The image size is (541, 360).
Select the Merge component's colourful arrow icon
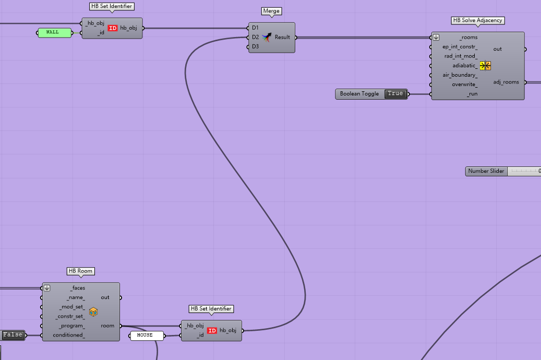(x=267, y=37)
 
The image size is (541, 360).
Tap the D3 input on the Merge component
(x=255, y=46)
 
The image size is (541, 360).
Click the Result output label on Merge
(x=282, y=37)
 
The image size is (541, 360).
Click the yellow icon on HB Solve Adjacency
(x=485, y=66)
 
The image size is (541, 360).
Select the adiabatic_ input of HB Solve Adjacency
(x=465, y=66)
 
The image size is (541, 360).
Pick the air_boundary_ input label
(x=460, y=75)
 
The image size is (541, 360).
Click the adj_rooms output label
(x=506, y=82)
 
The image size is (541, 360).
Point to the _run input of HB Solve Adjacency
(x=472, y=94)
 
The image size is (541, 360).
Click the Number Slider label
(x=486, y=171)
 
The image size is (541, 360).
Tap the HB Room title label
(x=80, y=271)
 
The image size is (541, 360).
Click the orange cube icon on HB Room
(x=93, y=311)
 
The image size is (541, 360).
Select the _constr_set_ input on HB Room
(x=70, y=317)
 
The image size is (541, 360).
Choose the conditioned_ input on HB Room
(x=69, y=335)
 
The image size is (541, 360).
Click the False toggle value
(x=13, y=335)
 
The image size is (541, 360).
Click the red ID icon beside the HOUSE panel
(x=212, y=331)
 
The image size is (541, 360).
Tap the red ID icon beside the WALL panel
(x=113, y=28)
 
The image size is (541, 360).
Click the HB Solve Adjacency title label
(x=477, y=20)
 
